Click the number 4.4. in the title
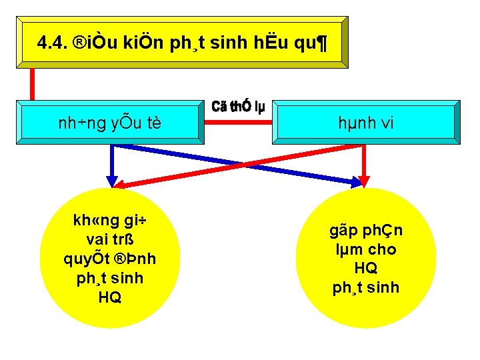(53, 43)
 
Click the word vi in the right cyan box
(387, 123)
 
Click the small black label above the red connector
(238, 107)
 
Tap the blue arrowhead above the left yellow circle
(112, 181)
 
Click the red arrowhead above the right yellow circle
(364, 181)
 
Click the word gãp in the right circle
(345, 231)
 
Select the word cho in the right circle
(382, 250)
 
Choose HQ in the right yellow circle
(366, 269)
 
